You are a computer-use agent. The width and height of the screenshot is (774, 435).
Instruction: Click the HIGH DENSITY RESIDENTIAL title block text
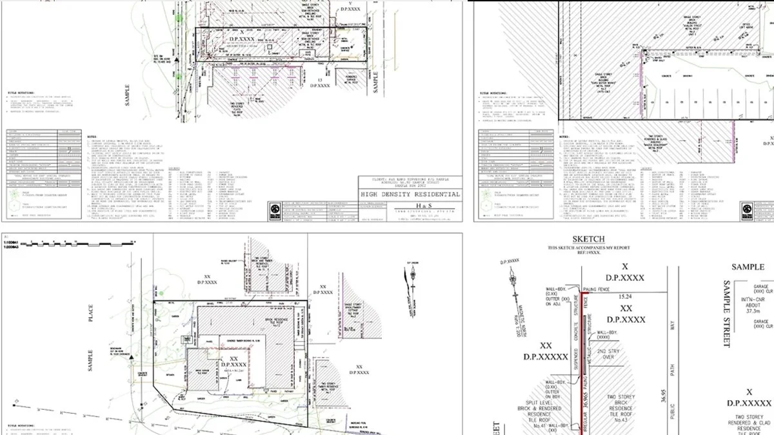(x=410, y=194)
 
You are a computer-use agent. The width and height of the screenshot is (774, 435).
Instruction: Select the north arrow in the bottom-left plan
(x=411, y=277)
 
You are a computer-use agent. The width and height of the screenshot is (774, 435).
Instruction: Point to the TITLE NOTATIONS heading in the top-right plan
(x=491, y=93)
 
